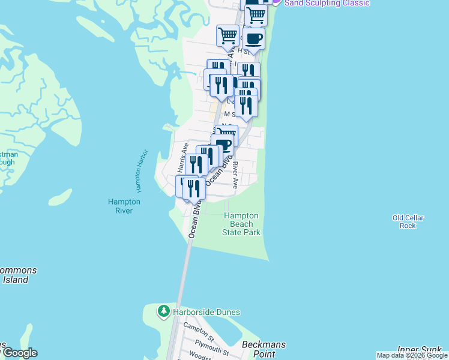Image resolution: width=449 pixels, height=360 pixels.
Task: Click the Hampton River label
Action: (x=124, y=206)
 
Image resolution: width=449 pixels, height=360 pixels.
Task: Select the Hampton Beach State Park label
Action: (x=241, y=224)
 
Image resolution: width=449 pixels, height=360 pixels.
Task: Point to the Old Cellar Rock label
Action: (x=408, y=221)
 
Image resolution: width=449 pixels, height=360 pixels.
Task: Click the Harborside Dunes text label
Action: (x=206, y=312)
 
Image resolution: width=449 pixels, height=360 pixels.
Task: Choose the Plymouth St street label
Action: (x=213, y=347)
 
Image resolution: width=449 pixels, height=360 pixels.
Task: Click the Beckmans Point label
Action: (x=264, y=349)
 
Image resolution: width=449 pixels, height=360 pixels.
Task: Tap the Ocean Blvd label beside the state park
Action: (x=193, y=220)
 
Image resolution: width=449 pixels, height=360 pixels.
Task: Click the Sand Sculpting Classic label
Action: (x=327, y=3)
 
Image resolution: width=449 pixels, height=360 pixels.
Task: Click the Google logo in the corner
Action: (x=19, y=353)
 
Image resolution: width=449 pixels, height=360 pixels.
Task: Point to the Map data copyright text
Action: (x=412, y=356)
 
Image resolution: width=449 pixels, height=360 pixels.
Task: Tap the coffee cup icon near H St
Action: (x=253, y=39)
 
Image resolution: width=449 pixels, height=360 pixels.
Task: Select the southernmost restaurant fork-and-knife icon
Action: (x=194, y=188)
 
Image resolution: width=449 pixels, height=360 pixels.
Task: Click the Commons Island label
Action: (x=16, y=275)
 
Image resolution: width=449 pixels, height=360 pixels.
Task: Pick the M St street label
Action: (x=229, y=113)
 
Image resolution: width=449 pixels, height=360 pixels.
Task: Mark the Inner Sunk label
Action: (x=423, y=349)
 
